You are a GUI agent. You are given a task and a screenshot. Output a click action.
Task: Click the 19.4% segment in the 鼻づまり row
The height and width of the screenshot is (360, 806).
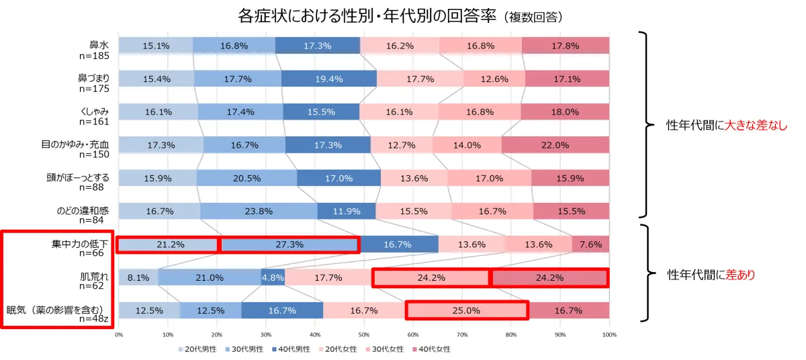328,79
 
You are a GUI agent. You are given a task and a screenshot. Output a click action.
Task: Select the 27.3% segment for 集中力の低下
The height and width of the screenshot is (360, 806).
289,244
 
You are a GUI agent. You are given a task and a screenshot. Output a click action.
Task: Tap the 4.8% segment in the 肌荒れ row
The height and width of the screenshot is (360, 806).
273,277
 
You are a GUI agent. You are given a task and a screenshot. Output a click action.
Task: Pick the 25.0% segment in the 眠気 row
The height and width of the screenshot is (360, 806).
467,310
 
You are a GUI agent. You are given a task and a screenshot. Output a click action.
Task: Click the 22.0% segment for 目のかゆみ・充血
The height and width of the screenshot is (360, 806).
555,144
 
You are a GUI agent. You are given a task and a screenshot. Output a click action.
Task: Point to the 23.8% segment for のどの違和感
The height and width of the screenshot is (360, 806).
259,211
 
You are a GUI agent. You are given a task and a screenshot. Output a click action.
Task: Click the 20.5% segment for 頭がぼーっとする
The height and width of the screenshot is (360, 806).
247,178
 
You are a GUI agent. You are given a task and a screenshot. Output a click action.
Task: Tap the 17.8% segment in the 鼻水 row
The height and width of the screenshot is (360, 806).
566,46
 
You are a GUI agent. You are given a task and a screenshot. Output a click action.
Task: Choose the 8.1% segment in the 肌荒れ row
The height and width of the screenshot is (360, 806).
138,277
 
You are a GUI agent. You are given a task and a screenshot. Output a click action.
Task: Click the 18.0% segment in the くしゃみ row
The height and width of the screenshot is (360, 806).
565,111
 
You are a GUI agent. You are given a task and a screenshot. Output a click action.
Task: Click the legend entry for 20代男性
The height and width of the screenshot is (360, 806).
198,349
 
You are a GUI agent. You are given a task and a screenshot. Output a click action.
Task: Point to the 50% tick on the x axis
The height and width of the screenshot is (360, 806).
364,334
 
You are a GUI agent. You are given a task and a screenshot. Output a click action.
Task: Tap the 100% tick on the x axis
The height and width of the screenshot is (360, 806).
609,334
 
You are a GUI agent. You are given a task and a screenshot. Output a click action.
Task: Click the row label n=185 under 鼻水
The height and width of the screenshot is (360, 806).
94,56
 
